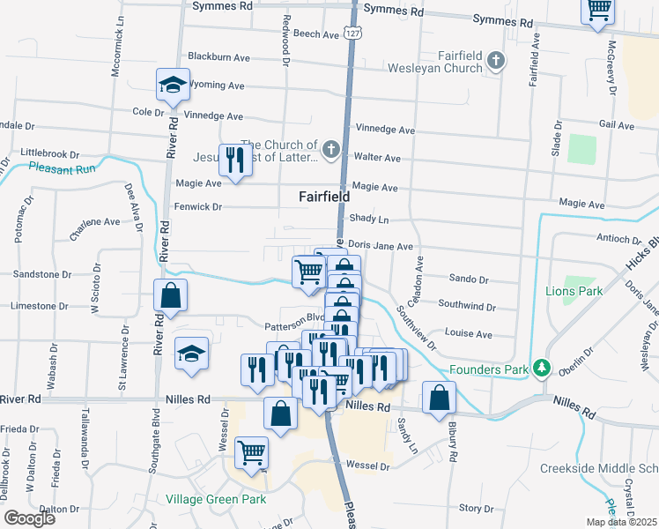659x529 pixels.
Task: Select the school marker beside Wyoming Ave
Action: click(x=173, y=86)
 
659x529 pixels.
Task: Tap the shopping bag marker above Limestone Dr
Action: click(x=171, y=295)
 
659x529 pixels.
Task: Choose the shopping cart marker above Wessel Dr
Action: click(x=252, y=453)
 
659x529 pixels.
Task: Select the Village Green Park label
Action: click(x=216, y=499)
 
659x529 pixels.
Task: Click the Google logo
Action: click(x=30, y=518)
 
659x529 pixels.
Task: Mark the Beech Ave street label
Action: click(x=316, y=34)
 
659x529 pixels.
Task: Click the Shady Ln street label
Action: click(x=369, y=218)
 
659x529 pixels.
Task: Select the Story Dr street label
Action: click(x=476, y=508)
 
